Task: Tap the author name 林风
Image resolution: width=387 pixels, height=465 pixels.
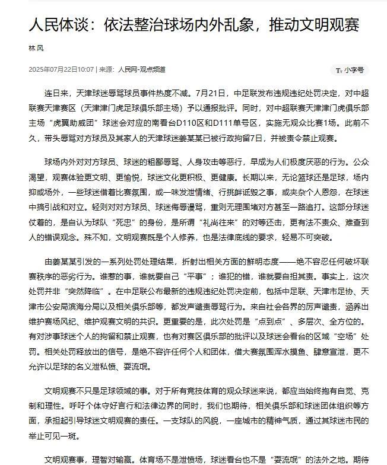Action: click(36, 48)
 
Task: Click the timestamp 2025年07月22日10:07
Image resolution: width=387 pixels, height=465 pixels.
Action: click(61, 69)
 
